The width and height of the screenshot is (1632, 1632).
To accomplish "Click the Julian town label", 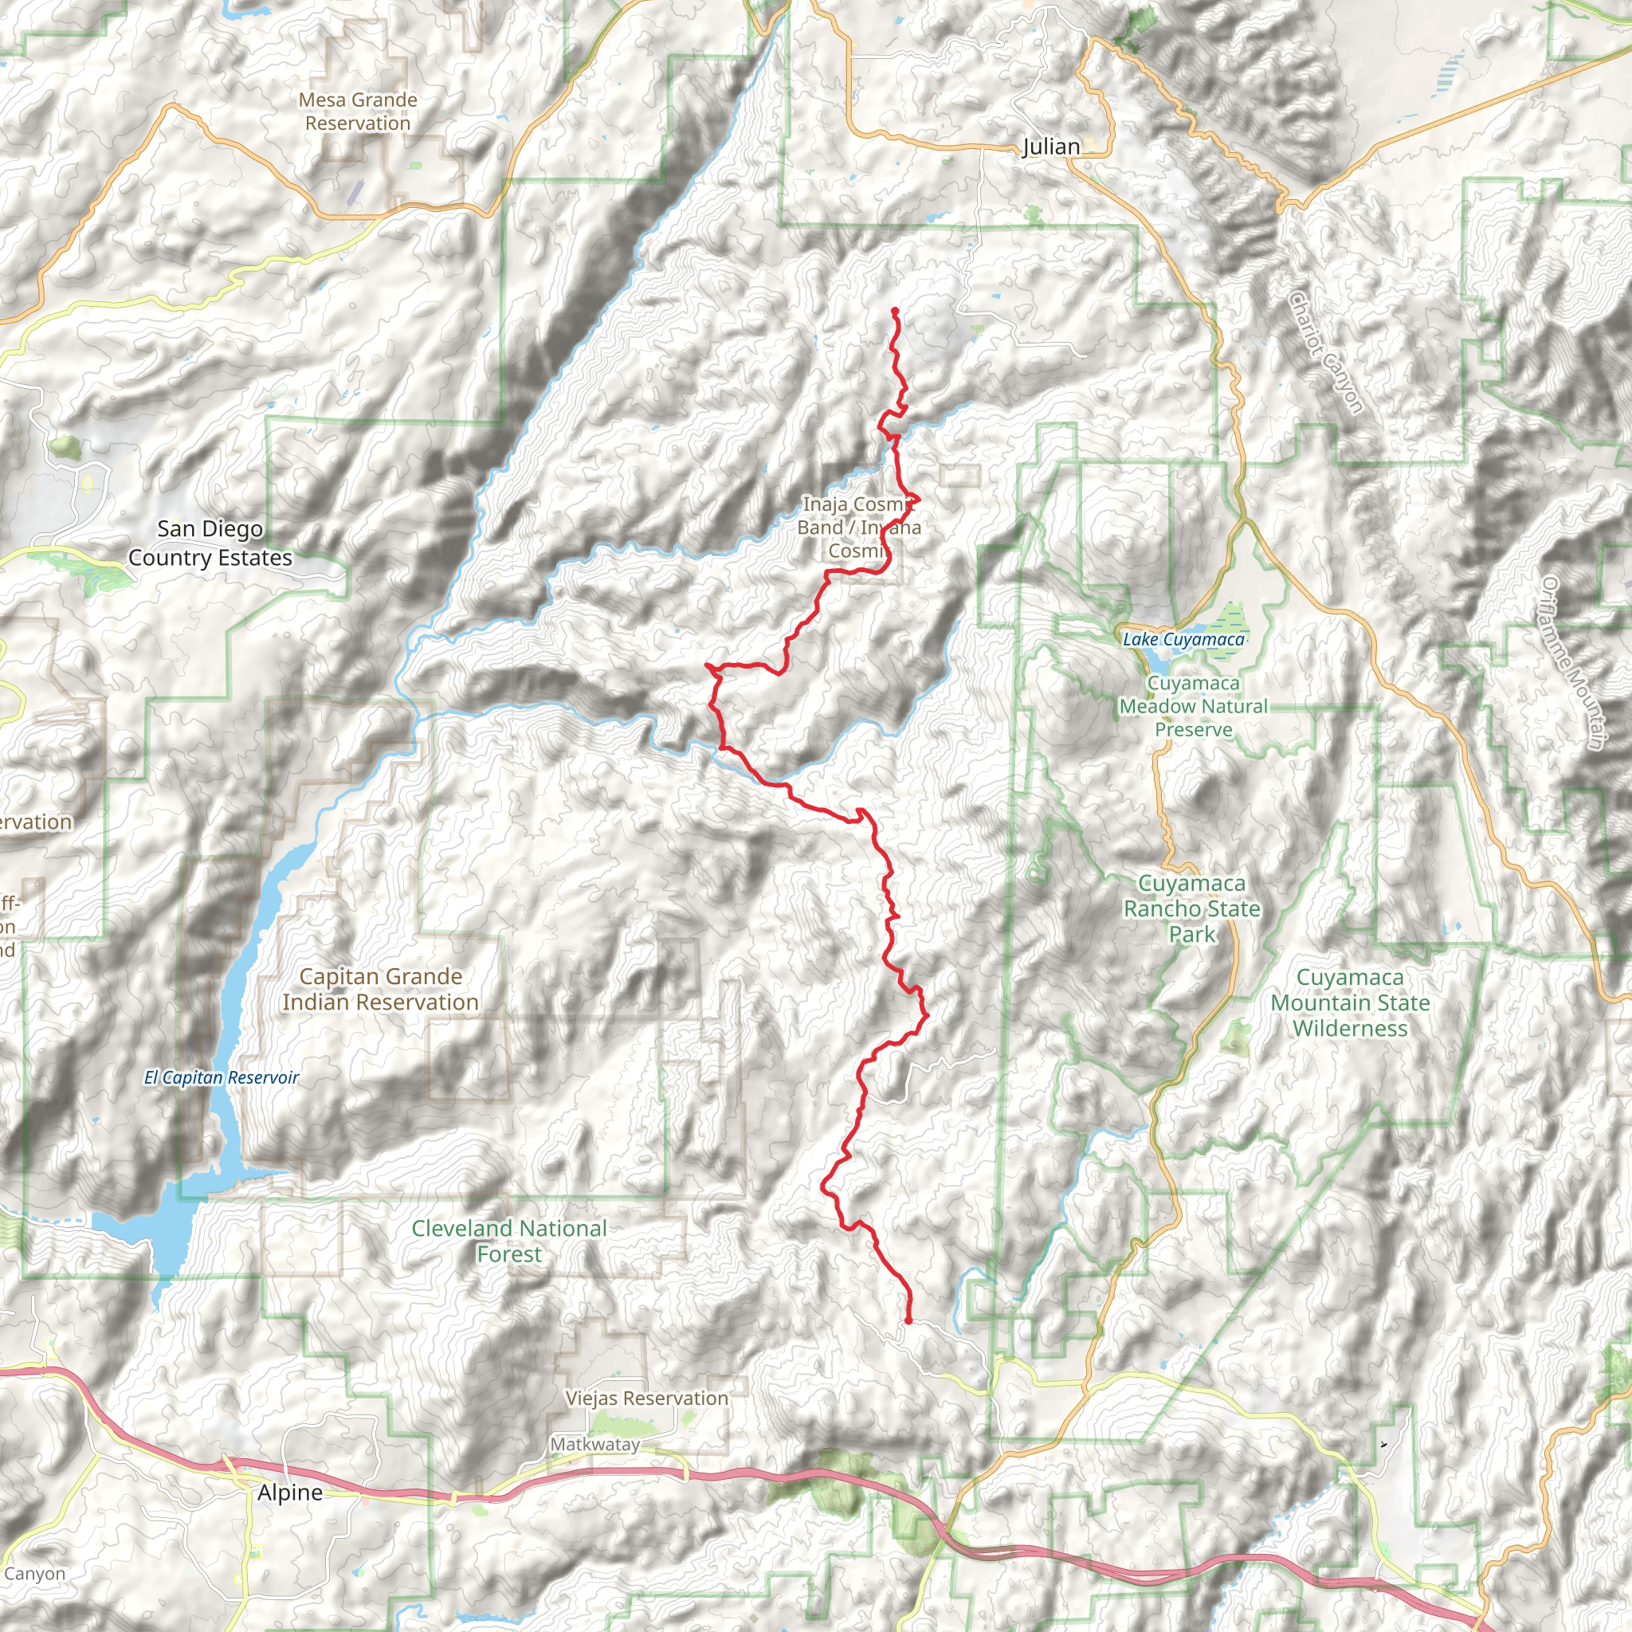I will (1051, 147).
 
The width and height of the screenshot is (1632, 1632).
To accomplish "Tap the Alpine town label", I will (290, 1493).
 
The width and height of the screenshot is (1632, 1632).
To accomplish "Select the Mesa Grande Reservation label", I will (358, 112).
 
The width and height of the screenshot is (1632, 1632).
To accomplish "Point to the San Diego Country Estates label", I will (210, 543).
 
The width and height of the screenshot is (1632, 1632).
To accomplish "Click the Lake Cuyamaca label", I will (1183, 639).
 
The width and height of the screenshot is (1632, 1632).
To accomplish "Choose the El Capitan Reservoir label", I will (222, 1077).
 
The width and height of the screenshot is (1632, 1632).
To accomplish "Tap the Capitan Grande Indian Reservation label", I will (380, 989).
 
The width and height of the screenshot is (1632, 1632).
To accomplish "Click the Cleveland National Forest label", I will (509, 1241).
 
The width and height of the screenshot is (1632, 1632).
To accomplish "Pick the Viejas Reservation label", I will (646, 1398).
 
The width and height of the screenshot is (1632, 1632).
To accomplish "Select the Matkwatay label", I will (594, 1445).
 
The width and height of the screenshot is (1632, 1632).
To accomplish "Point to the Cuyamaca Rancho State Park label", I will (1192, 909).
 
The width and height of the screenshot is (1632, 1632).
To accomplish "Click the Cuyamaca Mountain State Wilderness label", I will (1350, 1002).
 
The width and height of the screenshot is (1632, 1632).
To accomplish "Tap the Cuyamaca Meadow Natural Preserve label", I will (1194, 706).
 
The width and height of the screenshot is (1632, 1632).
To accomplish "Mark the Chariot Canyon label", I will (1326, 352).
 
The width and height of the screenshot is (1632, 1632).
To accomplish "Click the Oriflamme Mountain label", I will (1572, 663).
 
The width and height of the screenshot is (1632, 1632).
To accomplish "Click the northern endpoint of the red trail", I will (894, 311).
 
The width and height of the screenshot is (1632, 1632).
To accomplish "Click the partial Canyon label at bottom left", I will (33, 1574).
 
